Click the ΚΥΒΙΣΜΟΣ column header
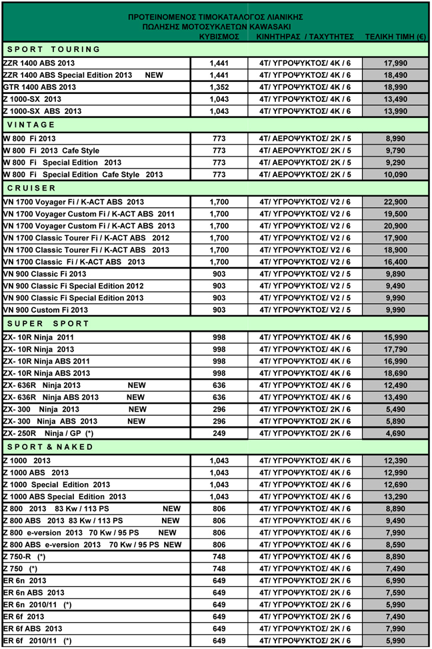coord(219,37)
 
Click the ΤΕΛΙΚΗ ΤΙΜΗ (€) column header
coord(395,37)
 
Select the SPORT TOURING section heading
coord(53,49)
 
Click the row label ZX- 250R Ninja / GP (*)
coord(48,433)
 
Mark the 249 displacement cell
coord(219,433)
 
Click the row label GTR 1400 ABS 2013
coord(39,87)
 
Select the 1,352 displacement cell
coord(219,87)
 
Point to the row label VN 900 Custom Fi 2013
coord(45,310)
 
